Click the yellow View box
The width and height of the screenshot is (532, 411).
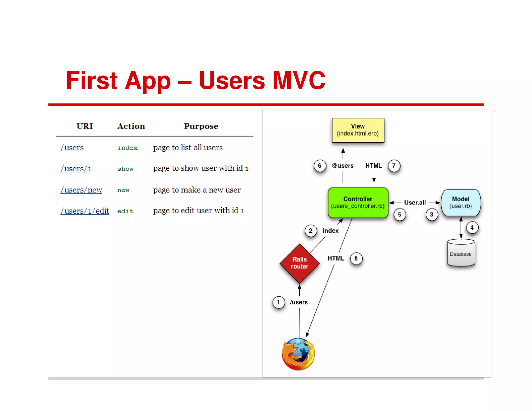pyautogui.click(x=358, y=130)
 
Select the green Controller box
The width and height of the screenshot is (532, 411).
pyautogui.click(x=358, y=202)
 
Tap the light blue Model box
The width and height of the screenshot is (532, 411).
pyautogui.click(x=461, y=202)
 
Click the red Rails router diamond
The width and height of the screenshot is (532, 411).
pyautogui.click(x=300, y=263)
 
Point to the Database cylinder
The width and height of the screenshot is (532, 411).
pyautogui.click(x=461, y=253)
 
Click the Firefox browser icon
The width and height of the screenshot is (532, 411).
pyautogui.click(x=298, y=354)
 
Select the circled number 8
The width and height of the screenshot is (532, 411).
pyautogui.click(x=356, y=258)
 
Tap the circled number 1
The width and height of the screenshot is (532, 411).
pyautogui.click(x=278, y=302)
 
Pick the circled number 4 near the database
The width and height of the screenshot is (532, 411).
pyautogui.click(x=472, y=228)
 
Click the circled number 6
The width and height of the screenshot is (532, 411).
pyautogui.click(x=320, y=166)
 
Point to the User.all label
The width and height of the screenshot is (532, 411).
pyautogui.click(x=415, y=202)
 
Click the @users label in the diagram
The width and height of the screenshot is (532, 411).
pyautogui.click(x=343, y=166)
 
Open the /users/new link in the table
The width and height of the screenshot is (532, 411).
pyautogui.click(x=81, y=190)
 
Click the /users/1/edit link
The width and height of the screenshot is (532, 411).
pyautogui.click(x=85, y=211)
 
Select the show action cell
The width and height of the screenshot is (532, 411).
pyautogui.click(x=125, y=169)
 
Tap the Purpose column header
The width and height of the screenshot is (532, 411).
pyautogui.click(x=201, y=126)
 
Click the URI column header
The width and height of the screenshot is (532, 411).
pyautogui.click(x=85, y=126)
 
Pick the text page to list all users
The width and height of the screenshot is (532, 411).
pyautogui.click(x=188, y=148)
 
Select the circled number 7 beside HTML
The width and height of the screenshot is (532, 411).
pyautogui.click(x=394, y=166)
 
